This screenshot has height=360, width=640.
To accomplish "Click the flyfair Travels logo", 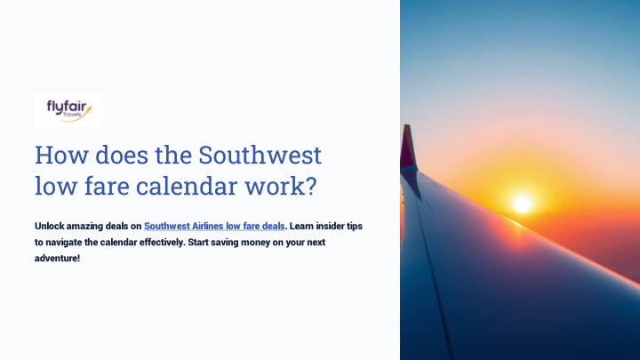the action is coord(68,110).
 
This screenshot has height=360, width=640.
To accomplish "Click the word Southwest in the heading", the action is coord(260,156).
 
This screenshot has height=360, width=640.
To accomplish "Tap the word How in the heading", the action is coord(61,156).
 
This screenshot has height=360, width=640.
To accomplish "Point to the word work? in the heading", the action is coord(281,186).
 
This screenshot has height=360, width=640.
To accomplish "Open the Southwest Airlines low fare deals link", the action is coord(214,226).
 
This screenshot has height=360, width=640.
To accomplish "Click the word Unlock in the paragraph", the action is coord(49,226).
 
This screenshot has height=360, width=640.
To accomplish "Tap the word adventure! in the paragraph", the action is coord(57,259).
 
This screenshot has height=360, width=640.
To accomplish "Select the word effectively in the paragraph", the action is coord(162,243).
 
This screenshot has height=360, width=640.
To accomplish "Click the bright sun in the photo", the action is coord(523,204).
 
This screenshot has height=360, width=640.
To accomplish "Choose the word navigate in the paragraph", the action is coord(64,243).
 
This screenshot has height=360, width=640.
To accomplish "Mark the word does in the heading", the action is coord(122,156).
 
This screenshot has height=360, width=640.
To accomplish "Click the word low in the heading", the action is coord(56,186).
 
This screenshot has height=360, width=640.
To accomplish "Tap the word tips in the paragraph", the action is coord(355,226).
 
